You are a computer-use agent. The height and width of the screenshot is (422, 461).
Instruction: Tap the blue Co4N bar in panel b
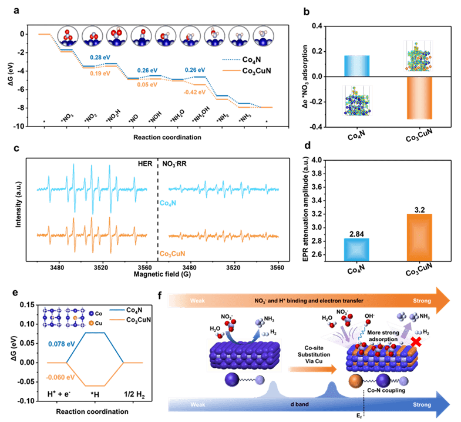[x=356, y=65]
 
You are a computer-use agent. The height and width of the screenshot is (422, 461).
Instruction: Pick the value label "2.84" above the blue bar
[x=356, y=233]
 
